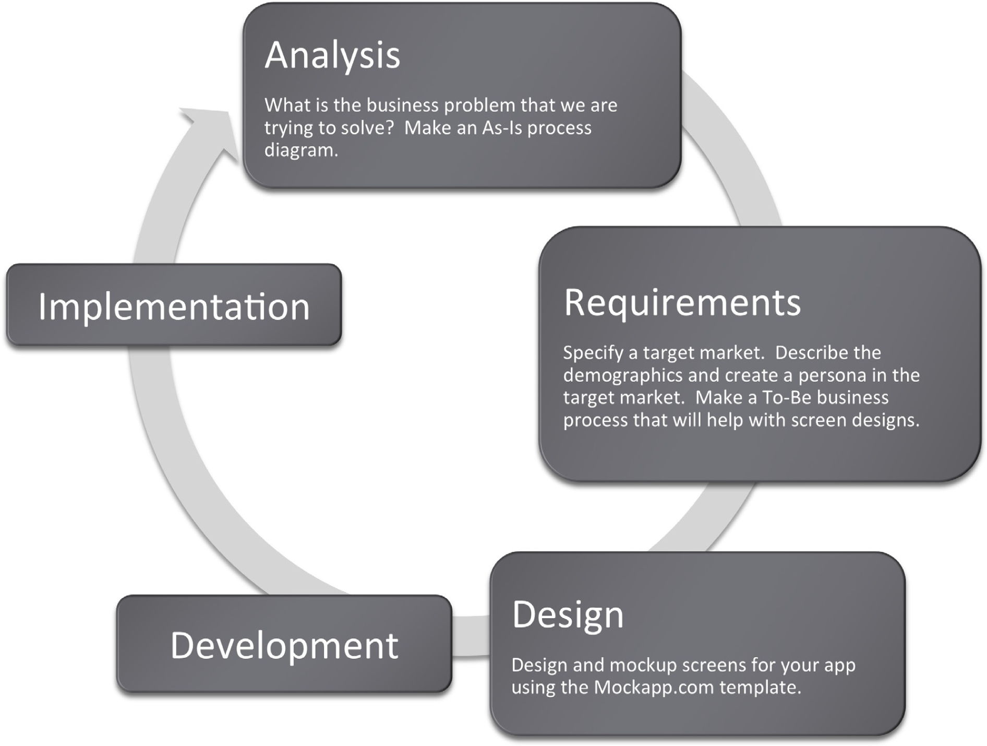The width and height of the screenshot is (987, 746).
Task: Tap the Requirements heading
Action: point(682,304)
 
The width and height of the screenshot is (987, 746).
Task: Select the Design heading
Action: point(568,616)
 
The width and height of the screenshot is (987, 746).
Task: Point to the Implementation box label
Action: point(174,307)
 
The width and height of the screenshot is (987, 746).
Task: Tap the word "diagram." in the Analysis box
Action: point(302,150)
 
